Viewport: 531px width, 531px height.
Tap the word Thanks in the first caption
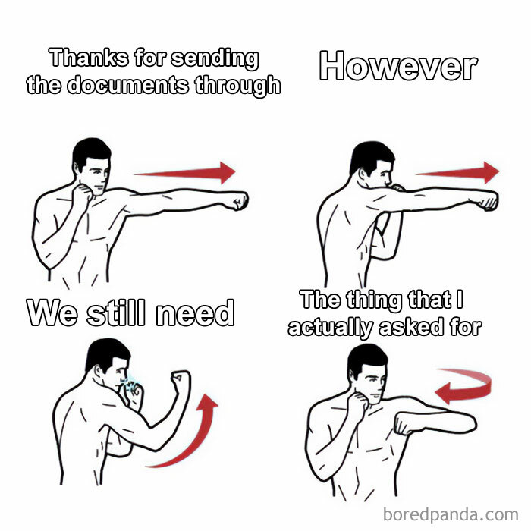coord(89,58)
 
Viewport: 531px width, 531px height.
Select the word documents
coord(127,85)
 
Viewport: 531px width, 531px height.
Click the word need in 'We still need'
coord(195,313)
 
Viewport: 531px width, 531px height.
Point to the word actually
coord(331,328)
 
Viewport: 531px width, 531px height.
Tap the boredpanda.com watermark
coord(451,514)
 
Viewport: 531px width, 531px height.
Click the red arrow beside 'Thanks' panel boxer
coord(184,173)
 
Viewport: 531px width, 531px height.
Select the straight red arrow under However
coord(457,173)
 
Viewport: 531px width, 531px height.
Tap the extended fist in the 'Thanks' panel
coord(239,201)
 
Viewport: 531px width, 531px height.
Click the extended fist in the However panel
coord(488,201)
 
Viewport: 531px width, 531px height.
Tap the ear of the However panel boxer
coord(363,174)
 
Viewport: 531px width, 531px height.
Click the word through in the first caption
coord(237,85)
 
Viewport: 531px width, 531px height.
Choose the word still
coord(116,313)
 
